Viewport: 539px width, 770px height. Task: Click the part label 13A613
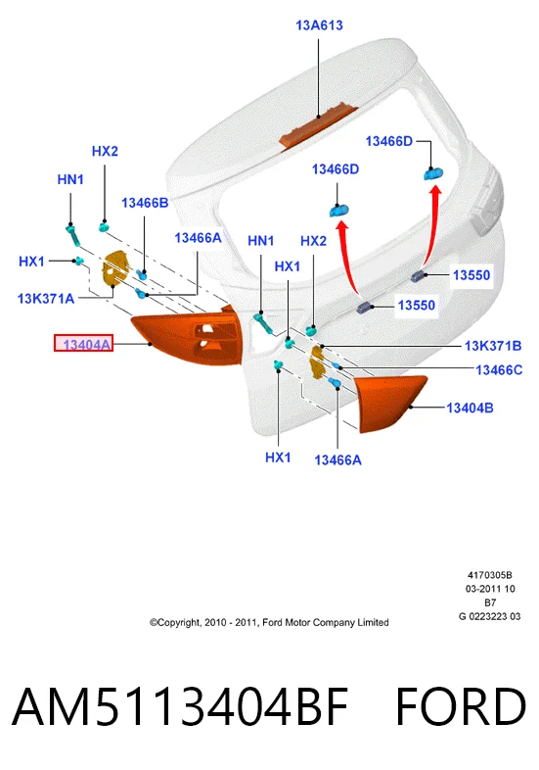(x=319, y=25)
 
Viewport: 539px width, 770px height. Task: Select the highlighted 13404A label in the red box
(x=83, y=343)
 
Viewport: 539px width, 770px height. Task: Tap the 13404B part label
(x=470, y=408)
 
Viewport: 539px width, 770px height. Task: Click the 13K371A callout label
(x=46, y=298)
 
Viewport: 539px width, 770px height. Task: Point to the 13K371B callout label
(x=493, y=346)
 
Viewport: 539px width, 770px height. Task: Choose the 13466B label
(x=145, y=203)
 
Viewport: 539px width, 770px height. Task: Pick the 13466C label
(x=499, y=369)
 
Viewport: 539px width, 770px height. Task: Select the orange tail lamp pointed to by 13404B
(x=390, y=403)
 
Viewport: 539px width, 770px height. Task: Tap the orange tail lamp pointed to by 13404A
(x=189, y=336)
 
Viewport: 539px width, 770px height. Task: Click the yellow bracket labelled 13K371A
(x=115, y=268)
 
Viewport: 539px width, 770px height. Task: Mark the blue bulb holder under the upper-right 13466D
(x=433, y=173)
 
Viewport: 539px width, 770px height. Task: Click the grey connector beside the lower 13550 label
(x=365, y=308)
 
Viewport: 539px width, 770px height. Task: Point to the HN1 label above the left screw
(x=70, y=179)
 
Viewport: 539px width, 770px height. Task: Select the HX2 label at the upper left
(x=105, y=151)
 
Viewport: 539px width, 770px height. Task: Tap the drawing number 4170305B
(x=489, y=575)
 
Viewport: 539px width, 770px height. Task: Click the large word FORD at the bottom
(x=461, y=706)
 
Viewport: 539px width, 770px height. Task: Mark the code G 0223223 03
(x=489, y=616)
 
